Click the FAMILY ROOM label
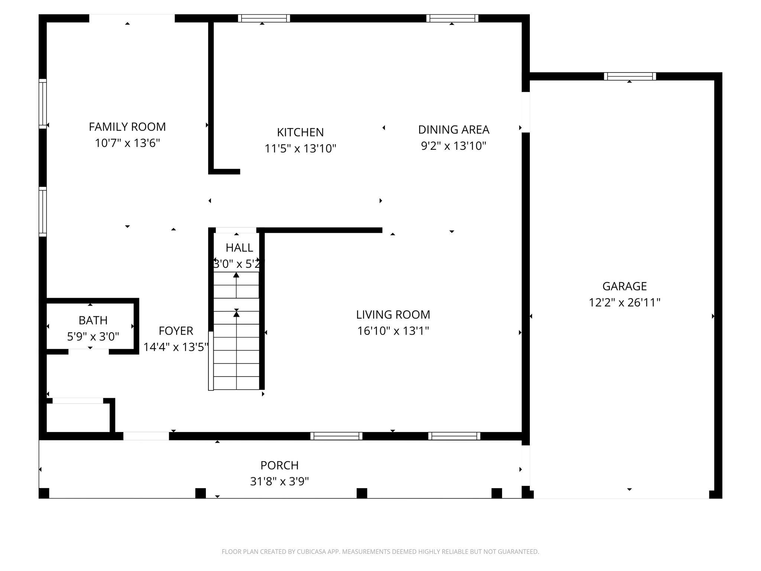coord(127,127)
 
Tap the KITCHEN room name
coord(300,132)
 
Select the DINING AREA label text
coord(454,130)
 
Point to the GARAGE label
coord(625,286)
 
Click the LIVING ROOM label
coord(393,315)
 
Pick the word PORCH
coord(279,465)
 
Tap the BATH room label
coord(93,320)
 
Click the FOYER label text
coord(176,331)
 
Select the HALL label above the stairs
coord(239,248)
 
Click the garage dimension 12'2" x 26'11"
coord(625,303)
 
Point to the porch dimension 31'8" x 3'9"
coord(279,482)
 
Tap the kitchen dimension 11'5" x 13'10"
coord(300,149)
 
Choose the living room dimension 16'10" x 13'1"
coord(393,331)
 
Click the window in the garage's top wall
coord(630,77)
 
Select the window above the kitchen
coord(264,18)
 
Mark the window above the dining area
coord(452,18)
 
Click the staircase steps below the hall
coord(236,331)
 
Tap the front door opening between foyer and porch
coord(146,436)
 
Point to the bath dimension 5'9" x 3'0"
coord(93,337)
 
